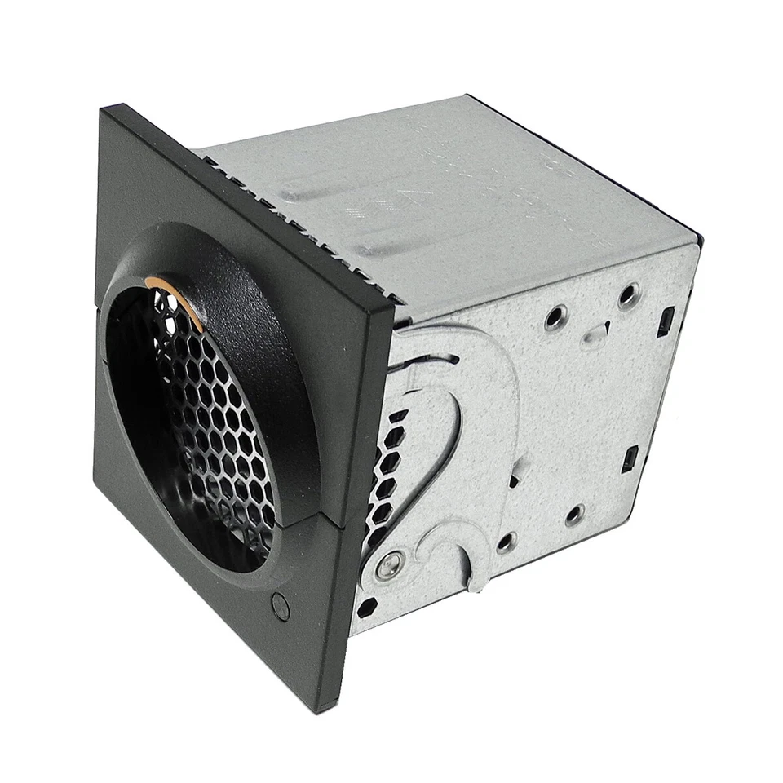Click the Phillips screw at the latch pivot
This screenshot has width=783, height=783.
pyautogui.click(x=389, y=564)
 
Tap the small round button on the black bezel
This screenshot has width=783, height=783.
pyautogui.click(x=280, y=605)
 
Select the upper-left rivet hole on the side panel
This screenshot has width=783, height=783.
pyautogui.click(x=555, y=317)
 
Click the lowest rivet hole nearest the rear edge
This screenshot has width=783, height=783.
pyautogui.click(x=575, y=515)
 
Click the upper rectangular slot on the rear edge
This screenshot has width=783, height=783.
pyautogui.click(x=665, y=321)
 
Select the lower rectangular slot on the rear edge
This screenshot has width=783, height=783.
pyautogui.click(x=630, y=458)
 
